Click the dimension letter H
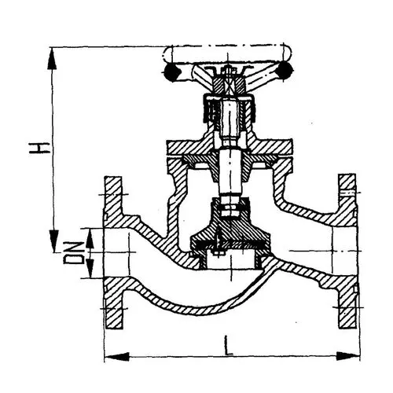pyautogui.click(x=39, y=148)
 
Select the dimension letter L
pyautogui.click(x=229, y=346)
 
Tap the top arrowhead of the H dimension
pyautogui.click(x=52, y=58)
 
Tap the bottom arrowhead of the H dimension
pyautogui.click(x=53, y=241)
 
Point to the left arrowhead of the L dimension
pyautogui.click(x=117, y=357)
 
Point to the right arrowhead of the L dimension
pyautogui.click(x=348, y=356)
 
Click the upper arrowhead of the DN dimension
pyautogui.click(x=90, y=239)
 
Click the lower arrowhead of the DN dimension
pyautogui.click(x=90, y=267)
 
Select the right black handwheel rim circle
pyautogui.click(x=285, y=69)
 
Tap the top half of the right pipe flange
pyautogui.click(x=347, y=200)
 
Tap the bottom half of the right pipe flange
pyautogui.click(x=347, y=302)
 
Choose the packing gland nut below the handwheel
pyautogui.click(x=229, y=109)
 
